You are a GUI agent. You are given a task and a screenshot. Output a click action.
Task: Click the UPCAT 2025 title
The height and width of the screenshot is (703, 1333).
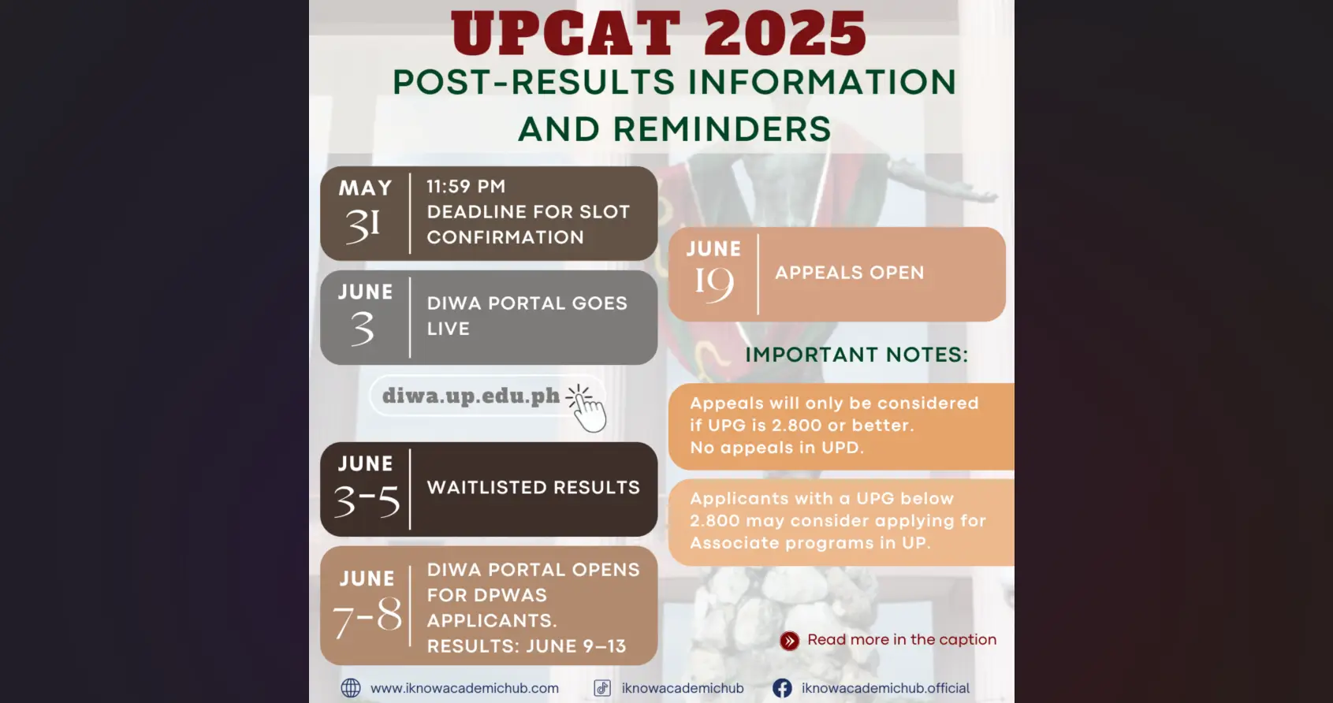coord(659,34)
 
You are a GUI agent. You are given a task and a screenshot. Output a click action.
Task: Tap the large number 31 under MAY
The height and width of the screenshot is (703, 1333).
coord(363,226)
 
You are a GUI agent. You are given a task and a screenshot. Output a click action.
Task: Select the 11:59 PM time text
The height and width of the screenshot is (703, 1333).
coord(466,187)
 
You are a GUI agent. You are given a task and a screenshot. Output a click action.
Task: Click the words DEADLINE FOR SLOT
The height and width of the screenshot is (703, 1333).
coord(528,212)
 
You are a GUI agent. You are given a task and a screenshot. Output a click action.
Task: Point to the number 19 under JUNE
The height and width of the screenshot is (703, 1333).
coord(713,284)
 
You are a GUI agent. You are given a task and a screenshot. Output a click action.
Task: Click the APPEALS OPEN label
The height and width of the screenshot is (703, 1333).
coord(849,273)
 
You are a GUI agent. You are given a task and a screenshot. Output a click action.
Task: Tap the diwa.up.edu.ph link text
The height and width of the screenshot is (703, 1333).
coord(471,396)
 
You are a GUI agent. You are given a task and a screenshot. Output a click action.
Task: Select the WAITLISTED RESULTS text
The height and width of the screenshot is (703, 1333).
coord(533,488)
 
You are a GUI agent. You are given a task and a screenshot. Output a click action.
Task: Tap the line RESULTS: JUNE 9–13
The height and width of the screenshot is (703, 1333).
coord(526,646)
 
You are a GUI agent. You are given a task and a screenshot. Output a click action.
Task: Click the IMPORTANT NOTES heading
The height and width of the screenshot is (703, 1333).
coord(856,355)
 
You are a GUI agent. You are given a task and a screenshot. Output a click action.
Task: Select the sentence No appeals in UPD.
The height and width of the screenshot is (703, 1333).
coord(776,448)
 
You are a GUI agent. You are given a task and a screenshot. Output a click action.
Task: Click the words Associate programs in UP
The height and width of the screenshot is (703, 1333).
coord(810,543)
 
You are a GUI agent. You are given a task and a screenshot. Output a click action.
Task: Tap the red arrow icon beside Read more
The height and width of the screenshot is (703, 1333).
coord(789,641)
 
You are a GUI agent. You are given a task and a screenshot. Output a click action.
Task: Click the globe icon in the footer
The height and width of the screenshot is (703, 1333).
coord(351,688)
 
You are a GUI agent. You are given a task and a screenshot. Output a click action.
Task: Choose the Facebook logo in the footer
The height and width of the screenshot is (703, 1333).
coord(782,688)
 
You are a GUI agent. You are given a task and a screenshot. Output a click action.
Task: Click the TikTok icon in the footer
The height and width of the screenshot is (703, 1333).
coord(602,688)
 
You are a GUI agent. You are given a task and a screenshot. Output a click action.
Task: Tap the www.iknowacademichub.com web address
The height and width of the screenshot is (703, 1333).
coord(464,688)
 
